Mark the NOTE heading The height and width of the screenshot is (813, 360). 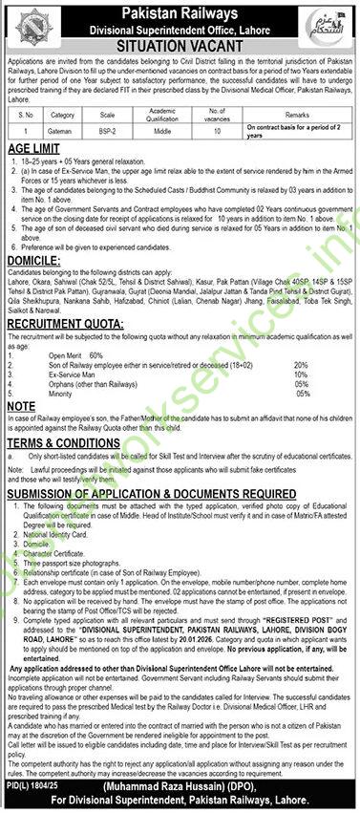pos(21,405)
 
